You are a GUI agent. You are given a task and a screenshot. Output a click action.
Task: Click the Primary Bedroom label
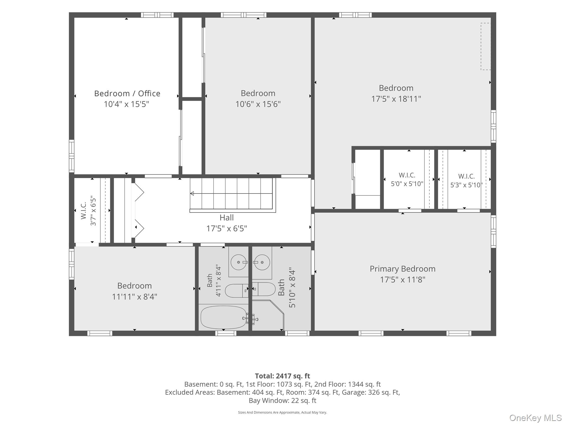point(403,269)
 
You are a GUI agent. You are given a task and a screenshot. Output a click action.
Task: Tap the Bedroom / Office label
point(127,93)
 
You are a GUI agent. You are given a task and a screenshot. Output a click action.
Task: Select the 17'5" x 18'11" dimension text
point(396,99)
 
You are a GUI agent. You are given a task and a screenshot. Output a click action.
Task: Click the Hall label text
point(226,218)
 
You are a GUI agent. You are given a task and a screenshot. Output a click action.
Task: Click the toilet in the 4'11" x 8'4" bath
point(237,291)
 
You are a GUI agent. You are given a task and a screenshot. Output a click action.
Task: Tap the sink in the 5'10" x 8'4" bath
point(262,262)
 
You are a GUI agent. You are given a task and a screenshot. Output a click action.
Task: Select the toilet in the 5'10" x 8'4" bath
point(264,289)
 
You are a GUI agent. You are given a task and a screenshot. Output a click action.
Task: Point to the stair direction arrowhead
point(192,194)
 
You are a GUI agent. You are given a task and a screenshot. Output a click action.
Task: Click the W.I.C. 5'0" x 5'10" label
point(407,179)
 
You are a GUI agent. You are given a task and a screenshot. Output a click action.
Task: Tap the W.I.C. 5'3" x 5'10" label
point(467,181)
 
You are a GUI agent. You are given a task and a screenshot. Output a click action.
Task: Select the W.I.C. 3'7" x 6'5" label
point(88,211)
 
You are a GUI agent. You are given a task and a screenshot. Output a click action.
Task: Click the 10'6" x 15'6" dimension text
point(258,104)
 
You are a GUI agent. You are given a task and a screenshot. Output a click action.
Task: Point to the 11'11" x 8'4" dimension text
point(135,297)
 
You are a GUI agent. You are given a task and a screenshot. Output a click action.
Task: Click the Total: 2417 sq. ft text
point(282,376)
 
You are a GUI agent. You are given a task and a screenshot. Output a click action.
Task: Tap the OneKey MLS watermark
point(535,418)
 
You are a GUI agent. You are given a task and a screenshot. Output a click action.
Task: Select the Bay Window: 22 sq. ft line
point(282,401)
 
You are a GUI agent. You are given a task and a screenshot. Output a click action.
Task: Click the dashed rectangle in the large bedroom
point(486,46)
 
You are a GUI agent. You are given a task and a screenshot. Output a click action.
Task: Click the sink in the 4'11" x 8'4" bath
point(238,262)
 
